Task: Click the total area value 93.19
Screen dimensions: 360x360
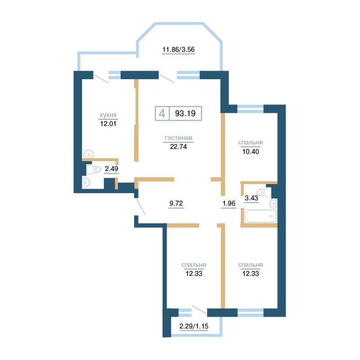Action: click(x=185, y=113)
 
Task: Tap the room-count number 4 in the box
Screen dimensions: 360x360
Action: click(x=162, y=113)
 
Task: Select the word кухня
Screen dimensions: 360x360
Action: click(x=108, y=115)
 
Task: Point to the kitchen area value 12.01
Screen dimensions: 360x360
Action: click(x=108, y=124)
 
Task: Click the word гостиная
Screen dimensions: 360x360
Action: click(x=178, y=138)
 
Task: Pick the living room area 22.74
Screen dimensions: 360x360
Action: click(x=178, y=147)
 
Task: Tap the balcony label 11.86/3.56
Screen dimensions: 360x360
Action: click(x=179, y=49)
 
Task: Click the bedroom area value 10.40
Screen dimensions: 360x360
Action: click(x=251, y=152)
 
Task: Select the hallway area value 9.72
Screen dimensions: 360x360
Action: click(x=176, y=203)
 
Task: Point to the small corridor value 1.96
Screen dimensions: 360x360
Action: click(x=229, y=203)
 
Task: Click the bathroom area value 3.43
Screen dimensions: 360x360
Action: click(x=252, y=198)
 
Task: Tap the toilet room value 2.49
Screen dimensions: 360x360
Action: click(x=112, y=169)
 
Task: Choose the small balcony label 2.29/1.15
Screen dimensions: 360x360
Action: click(x=194, y=326)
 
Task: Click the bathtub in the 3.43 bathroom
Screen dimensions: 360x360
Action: click(x=260, y=216)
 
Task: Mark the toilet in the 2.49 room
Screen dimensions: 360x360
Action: click(x=94, y=170)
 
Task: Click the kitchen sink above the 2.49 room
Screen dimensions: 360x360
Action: click(x=89, y=154)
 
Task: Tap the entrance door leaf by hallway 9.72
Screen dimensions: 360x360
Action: click(x=140, y=207)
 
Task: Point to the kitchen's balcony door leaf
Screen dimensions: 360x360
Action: click(x=101, y=78)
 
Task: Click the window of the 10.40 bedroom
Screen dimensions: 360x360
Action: click(x=250, y=108)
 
